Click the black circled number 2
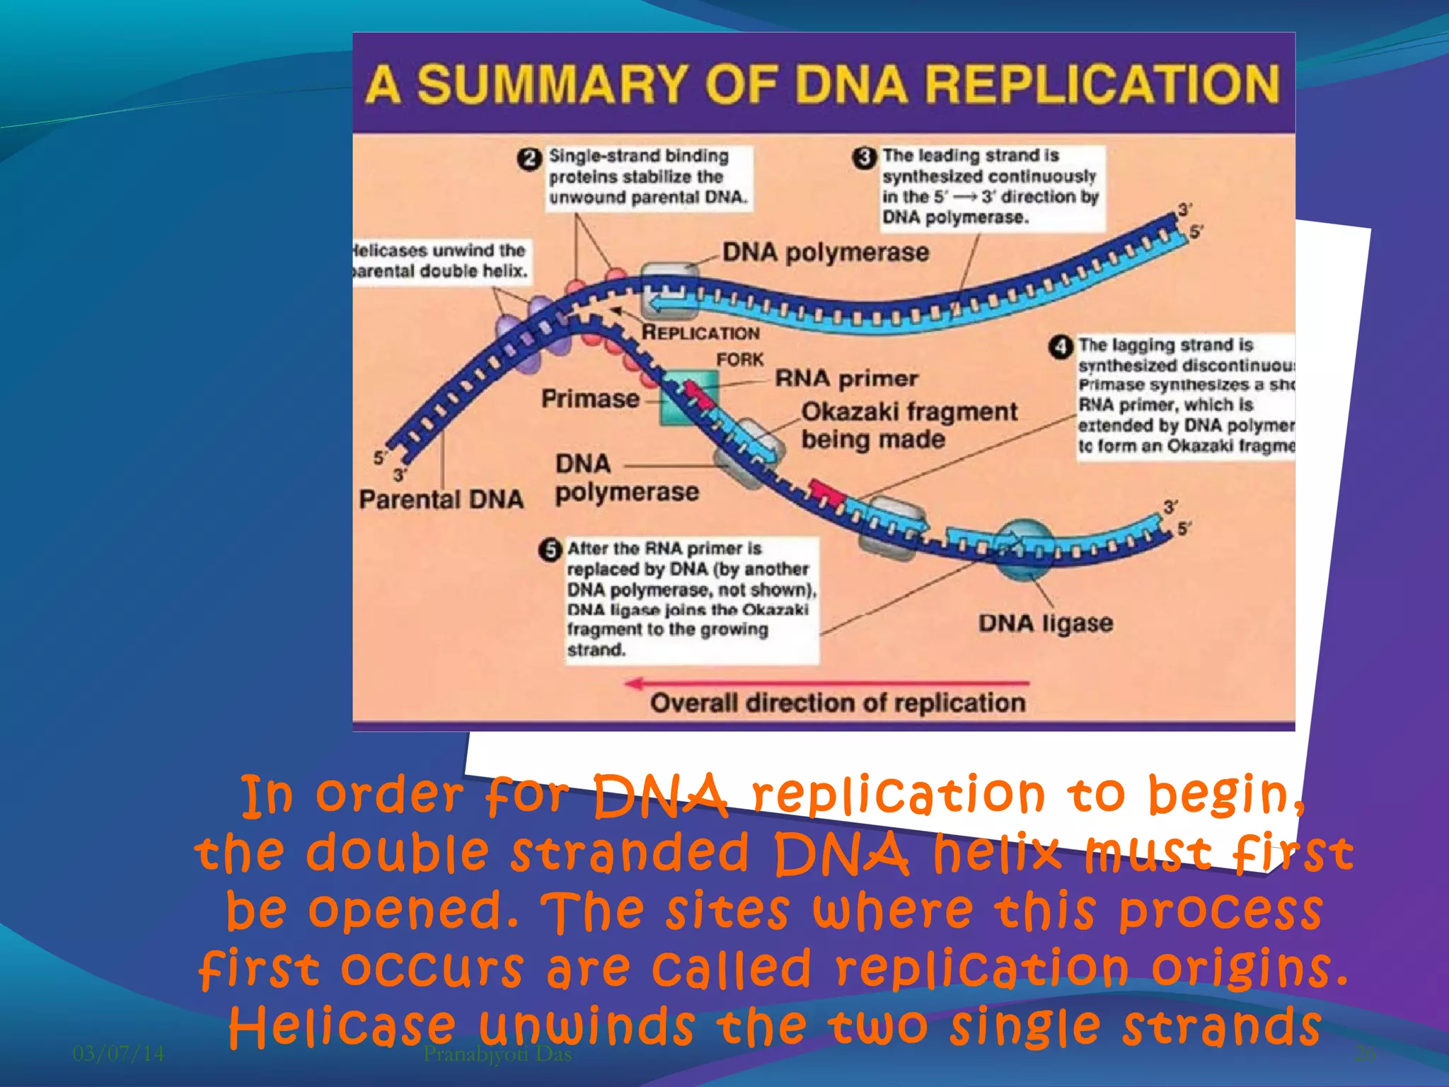pyautogui.click(x=529, y=159)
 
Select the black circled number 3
pyautogui.click(x=865, y=157)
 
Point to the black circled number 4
pyautogui.click(x=1060, y=347)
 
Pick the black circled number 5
pyautogui.click(x=550, y=550)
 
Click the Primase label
pyautogui.click(x=590, y=399)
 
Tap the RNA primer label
pyautogui.click(x=846, y=379)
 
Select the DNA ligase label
pyautogui.click(x=1045, y=623)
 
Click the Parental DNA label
pyautogui.click(x=441, y=500)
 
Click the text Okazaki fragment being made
pyautogui.click(x=908, y=425)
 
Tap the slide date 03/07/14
pyautogui.click(x=118, y=1054)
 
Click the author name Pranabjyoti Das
pyautogui.click(x=497, y=1054)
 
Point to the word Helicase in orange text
pyautogui.click(x=342, y=1027)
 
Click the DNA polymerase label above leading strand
pyautogui.click(x=825, y=253)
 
